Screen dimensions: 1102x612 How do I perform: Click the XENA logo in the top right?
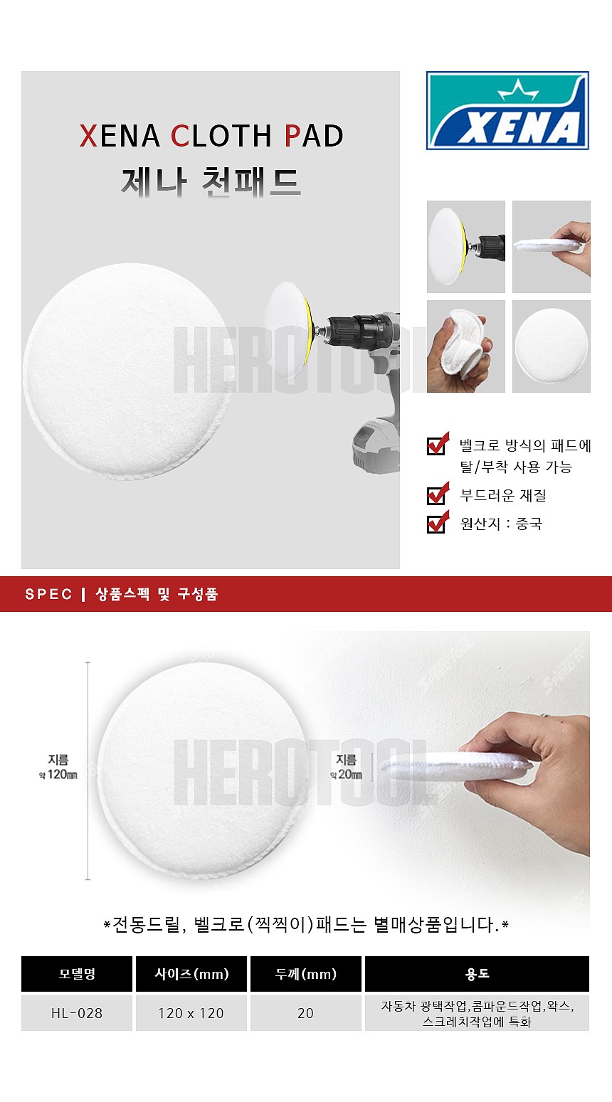507,110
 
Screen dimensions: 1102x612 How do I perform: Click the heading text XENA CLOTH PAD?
211,136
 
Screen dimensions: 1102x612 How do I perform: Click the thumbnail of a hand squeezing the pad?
466,346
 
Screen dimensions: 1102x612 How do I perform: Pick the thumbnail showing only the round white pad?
552,346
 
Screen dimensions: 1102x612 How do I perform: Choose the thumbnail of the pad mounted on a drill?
466,247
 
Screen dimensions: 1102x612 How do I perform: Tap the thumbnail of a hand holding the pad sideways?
552,247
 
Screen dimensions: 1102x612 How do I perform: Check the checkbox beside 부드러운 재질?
436,495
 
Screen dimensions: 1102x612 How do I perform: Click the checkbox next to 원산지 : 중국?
436,524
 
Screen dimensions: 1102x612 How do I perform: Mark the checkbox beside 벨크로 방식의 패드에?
436,445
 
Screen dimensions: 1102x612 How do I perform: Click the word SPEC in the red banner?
48,595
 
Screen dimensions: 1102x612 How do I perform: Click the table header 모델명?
77,974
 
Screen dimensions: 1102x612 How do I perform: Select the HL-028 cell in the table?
77,1013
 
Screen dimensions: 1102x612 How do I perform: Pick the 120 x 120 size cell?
191,1013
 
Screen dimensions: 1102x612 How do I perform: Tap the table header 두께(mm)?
306,974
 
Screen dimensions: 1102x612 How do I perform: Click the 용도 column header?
477,974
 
